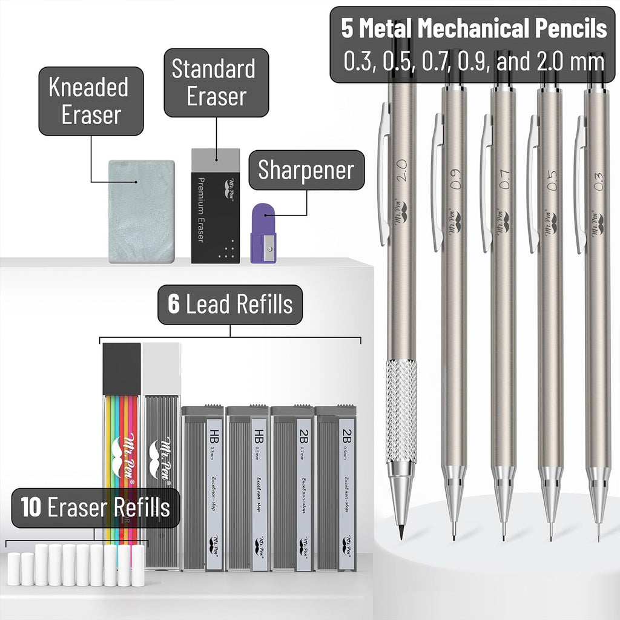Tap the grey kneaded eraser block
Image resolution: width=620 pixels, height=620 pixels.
(x=142, y=211)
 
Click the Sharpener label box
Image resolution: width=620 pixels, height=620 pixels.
(x=306, y=170)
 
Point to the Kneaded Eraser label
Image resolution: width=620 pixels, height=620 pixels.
(x=91, y=101)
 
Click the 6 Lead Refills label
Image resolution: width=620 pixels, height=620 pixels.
(x=230, y=305)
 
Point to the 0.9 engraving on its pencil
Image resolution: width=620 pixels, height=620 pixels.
(x=455, y=180)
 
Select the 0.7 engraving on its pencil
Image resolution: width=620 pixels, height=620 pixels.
(x=504, y=180)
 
